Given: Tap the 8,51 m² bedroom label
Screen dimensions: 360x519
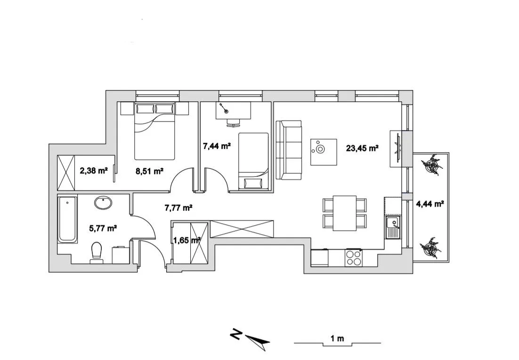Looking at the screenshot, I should click(x=149, y=171).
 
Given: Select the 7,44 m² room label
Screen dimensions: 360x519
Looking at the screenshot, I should click(x=216, y=146).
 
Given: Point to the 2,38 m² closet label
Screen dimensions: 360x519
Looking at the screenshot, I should click(x=94, y=171).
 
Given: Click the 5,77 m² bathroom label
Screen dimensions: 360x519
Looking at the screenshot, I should click(x=103, y=229).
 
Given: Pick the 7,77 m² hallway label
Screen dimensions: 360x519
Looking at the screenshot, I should click(x=178, y=207).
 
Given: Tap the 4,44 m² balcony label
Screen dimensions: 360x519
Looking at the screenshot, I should click(x=430, y=204).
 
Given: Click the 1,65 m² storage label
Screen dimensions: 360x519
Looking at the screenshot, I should click(x=187, y=239).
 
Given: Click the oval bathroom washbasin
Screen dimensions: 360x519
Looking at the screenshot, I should click(x=103, y=203).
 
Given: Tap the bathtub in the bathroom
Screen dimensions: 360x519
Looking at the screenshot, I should click(x=67, y=220).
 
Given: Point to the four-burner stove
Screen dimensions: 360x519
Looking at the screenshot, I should click(x=353, y=257).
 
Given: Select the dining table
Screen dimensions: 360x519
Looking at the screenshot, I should click(x=344, y=213).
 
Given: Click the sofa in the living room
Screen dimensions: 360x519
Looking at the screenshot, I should click(x=288, y=150).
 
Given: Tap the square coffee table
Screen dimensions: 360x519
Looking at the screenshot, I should click(x=324, y=152).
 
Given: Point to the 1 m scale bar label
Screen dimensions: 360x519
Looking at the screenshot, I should click(x=337, y=338).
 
